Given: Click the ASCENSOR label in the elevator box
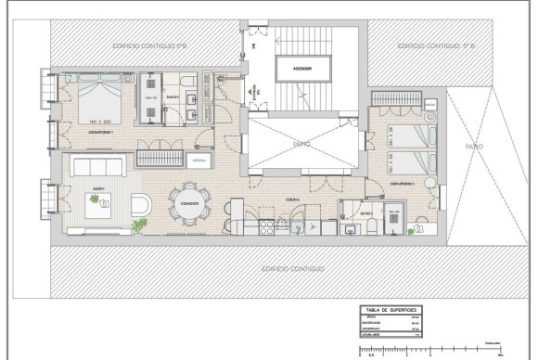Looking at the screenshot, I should [301, 70].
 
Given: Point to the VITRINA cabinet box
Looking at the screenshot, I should [199, 160].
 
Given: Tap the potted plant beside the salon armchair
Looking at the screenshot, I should [140, 225].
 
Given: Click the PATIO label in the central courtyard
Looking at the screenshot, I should [301, 144].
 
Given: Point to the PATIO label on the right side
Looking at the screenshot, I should [474, 146].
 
